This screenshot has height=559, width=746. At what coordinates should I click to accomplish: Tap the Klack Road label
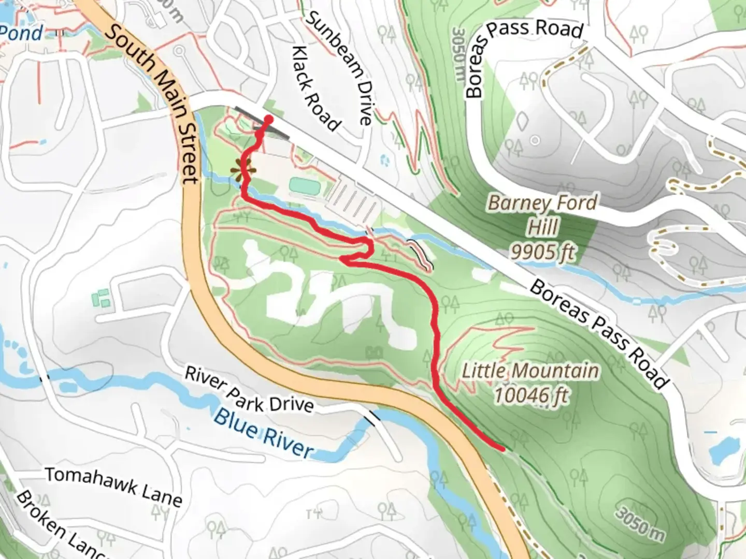pyautogui.click(x=315, y=89)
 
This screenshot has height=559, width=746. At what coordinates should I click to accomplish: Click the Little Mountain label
pyautogui.click(x=530, y=371)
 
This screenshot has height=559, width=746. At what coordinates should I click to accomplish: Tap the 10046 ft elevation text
pyautogui.click(x=530, y=396)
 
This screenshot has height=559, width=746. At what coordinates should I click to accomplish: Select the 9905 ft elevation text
pyautogui.click(x=542, y=252)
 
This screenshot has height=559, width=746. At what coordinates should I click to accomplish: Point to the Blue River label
pyautogui.click(x=264, y=433)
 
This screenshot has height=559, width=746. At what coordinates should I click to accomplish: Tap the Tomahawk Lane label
pyautogui.click(x=113, y=487)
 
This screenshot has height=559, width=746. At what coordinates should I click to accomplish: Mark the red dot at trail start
pyautogui.click(x=268, y=120)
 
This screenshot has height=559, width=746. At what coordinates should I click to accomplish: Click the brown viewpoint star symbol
pyautogui.click(x=242, y=169)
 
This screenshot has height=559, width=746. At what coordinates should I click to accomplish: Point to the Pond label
pyautogui.click(x=22, y=33)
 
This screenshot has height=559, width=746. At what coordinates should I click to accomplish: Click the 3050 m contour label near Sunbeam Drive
pyautogui.click(x=458, y=54)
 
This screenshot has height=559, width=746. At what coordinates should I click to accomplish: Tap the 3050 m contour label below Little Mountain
pyautogui.click(x=639, y=523)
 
